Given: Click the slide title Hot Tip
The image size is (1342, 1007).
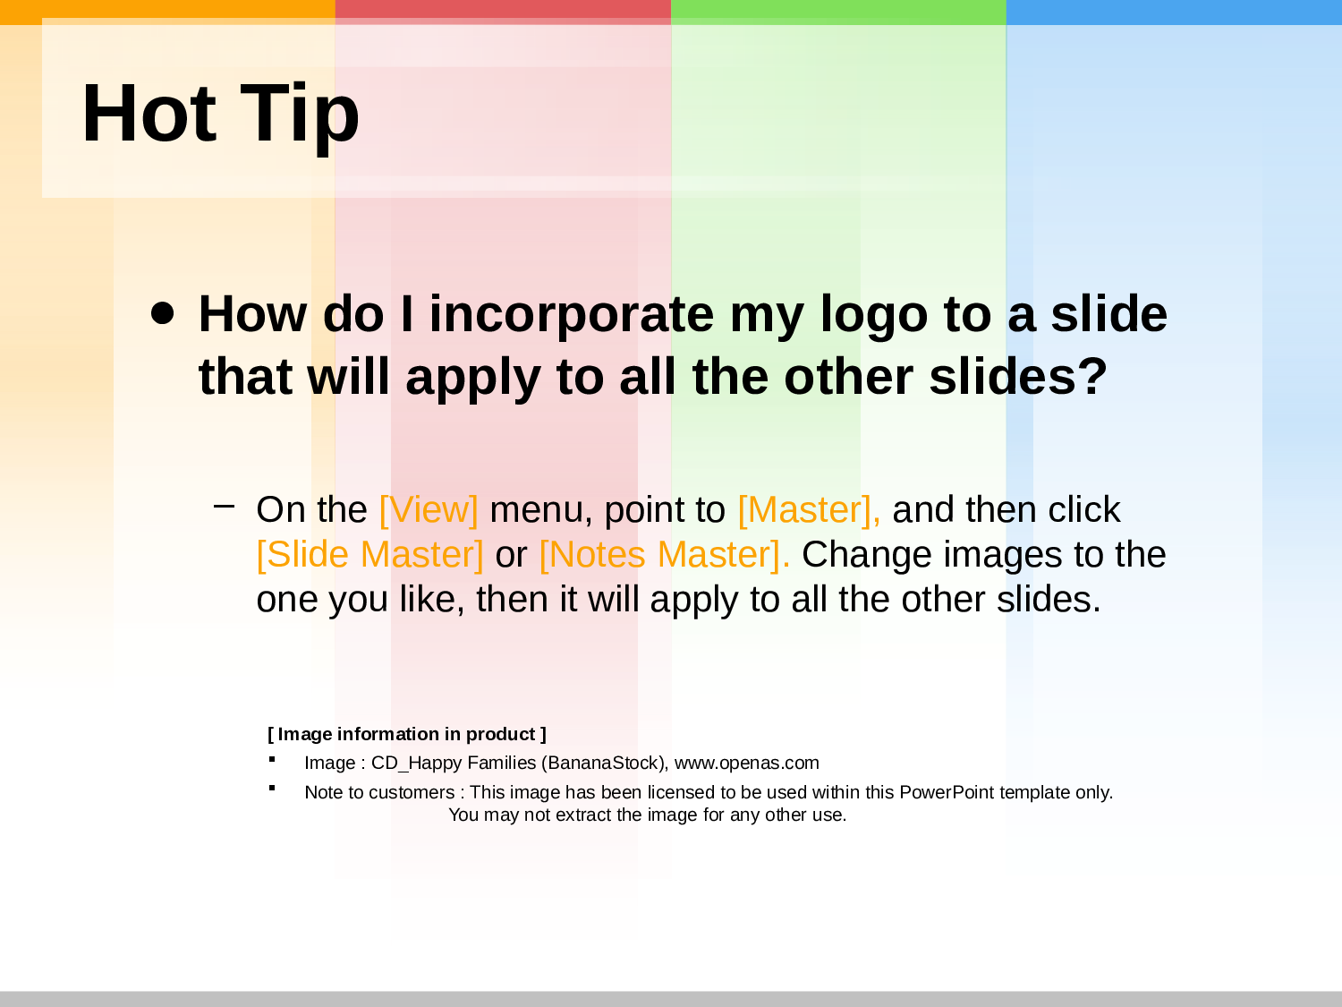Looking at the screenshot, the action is click(x=220, y=115).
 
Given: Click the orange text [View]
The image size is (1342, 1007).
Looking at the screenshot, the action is click(x=429, y=509).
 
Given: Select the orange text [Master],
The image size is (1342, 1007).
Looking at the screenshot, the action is click(x=810, y=509).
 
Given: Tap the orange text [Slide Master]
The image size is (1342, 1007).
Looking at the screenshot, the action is click(x=369, y=555).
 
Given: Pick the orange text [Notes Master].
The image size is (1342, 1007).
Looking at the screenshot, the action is click(x=665, y=555).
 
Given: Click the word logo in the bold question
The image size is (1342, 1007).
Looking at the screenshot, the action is click(x=874, y=316).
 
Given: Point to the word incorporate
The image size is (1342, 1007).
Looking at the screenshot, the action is click(x=572, y=316).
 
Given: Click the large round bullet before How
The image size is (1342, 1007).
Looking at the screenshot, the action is click(x=162, y=313).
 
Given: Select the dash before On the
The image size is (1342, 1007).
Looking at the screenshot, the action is click(x=224, y=506).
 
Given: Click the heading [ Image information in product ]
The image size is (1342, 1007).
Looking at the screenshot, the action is click(x=407, y=734).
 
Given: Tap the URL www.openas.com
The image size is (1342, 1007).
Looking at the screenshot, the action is click(x=746, y=763).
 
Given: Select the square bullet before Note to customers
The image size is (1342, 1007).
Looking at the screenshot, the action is click(x=272, y=788).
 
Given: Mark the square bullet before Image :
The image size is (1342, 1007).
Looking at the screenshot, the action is click(x=272, y=759).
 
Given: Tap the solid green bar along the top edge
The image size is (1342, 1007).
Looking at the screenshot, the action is click(x=838, y=13).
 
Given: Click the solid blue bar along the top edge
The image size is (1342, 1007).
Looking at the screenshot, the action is click(x=1174, y=13).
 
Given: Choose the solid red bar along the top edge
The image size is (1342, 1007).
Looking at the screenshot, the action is click(x=503, y=13).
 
